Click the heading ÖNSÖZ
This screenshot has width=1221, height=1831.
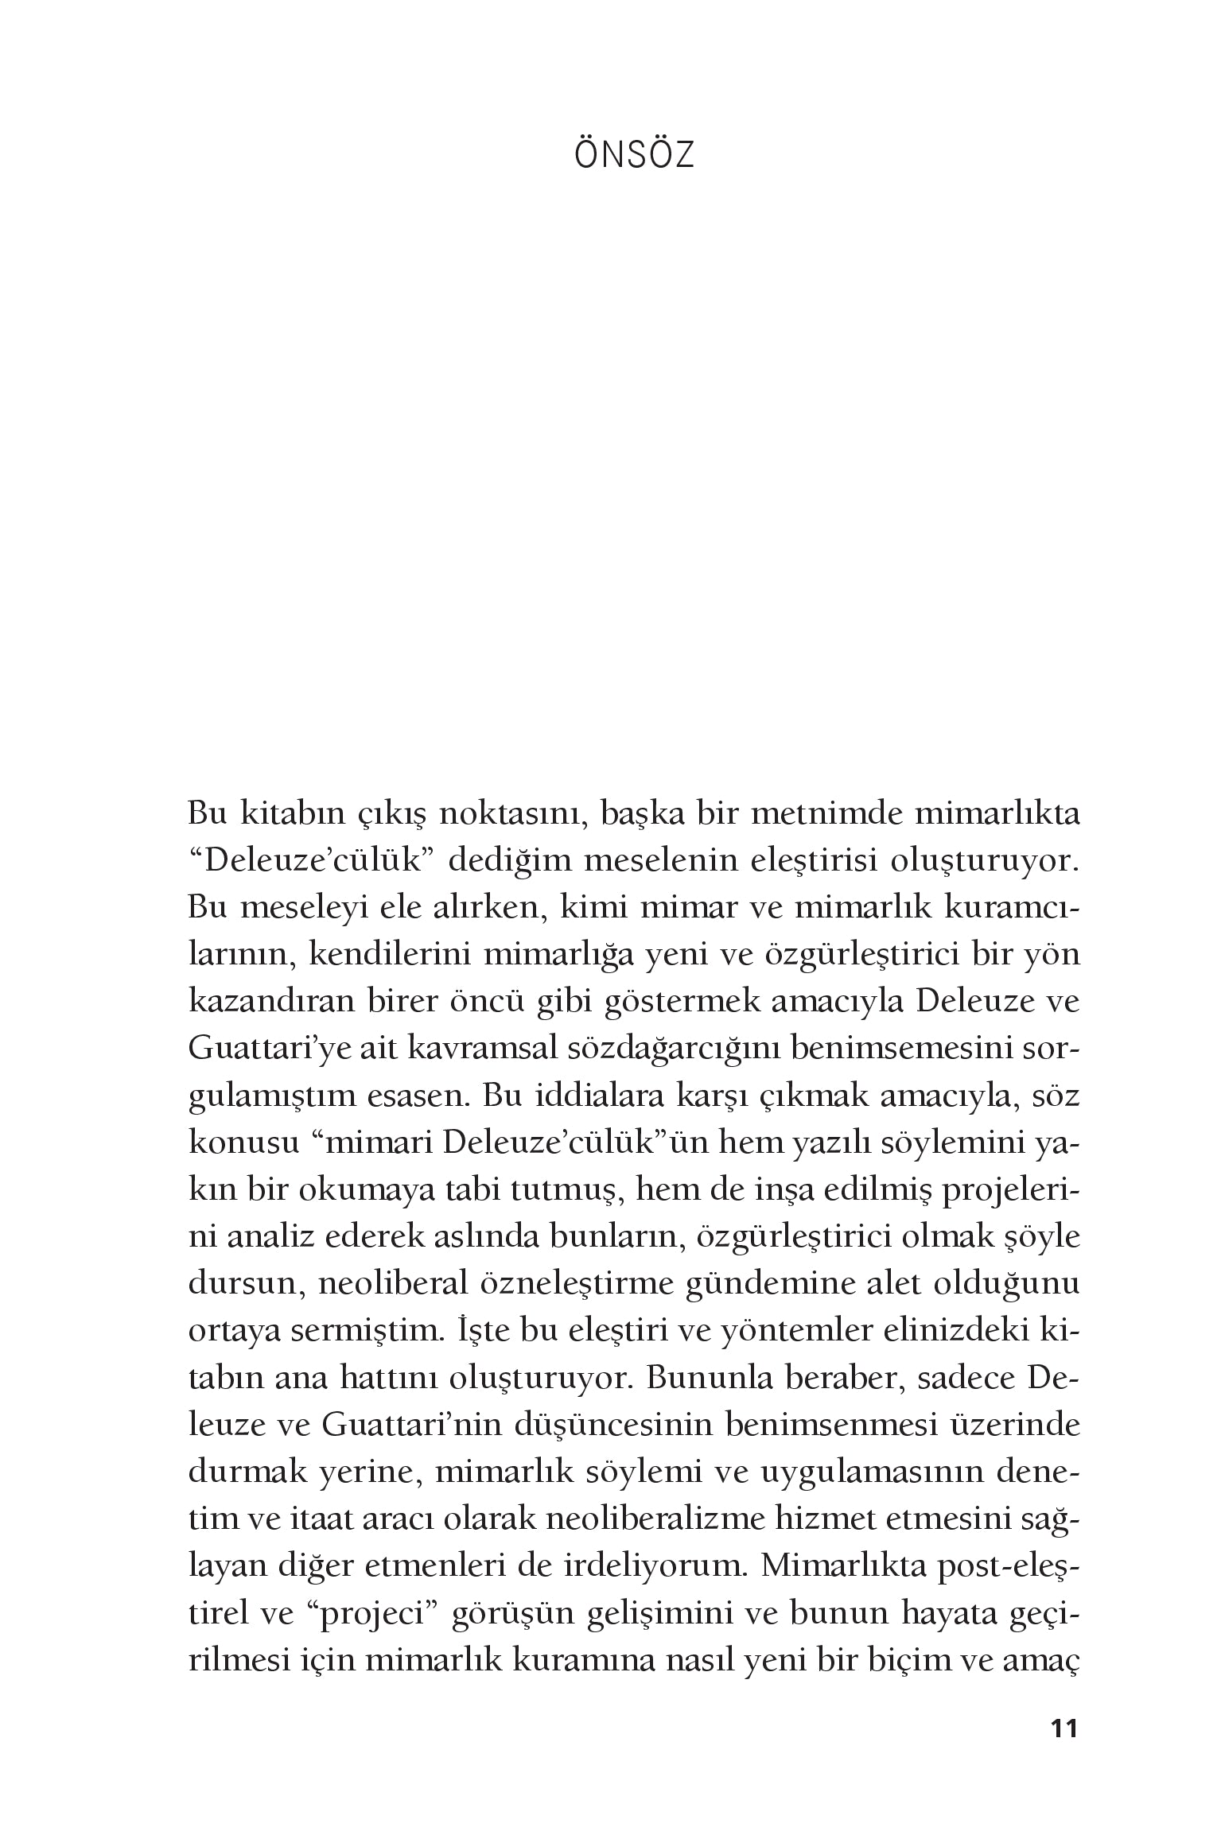pos(634,156)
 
